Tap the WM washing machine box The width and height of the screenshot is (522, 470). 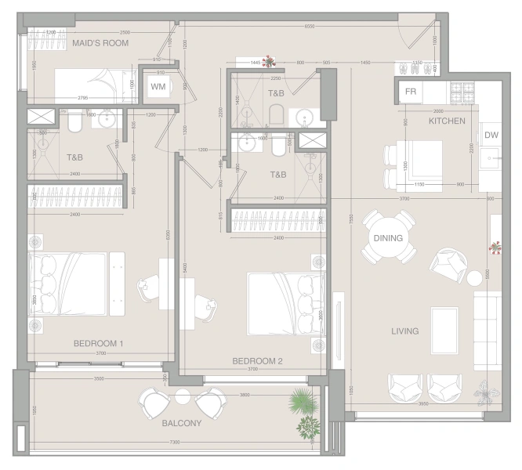(158, 86)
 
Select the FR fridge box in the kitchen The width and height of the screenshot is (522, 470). (410, 91)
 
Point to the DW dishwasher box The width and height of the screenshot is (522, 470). (491, 136)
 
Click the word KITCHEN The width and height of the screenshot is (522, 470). (448, 121)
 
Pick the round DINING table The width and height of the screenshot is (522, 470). (388, 239)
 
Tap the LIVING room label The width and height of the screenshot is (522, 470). (404, 331)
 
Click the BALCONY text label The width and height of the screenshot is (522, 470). (182, 423)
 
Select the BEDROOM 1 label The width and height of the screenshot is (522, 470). (99, 344)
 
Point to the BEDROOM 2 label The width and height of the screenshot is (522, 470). (257, 361)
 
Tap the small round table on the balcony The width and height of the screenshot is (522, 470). (183, 396)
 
